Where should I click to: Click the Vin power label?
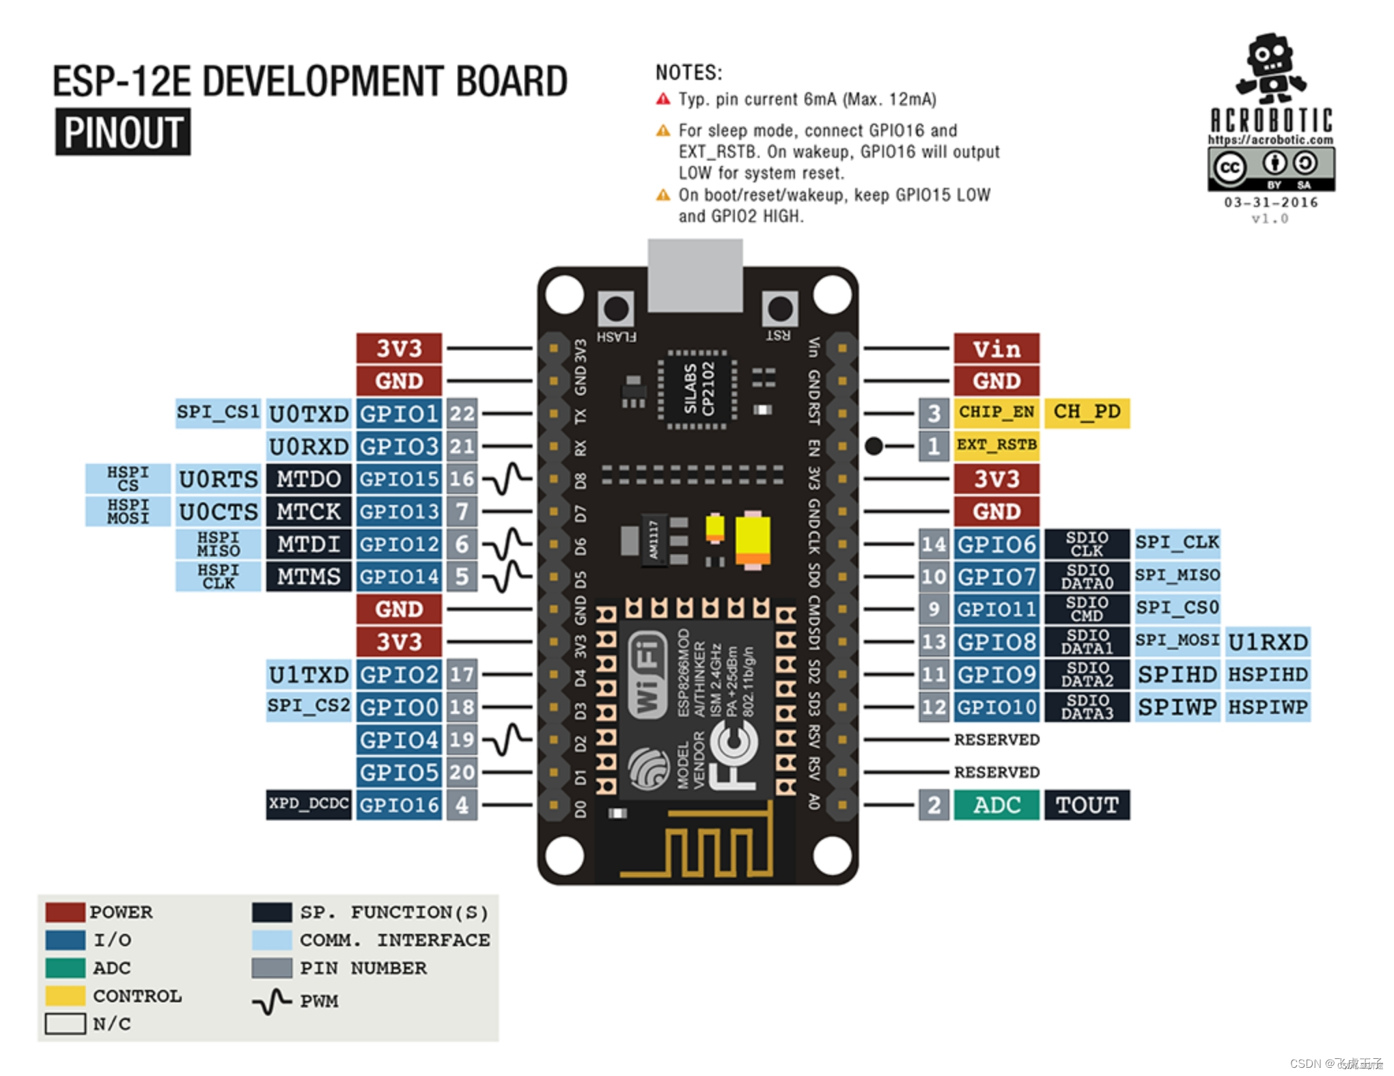[x=996, y=348]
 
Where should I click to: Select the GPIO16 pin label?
[x=399, y=805]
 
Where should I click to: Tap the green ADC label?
[x=996, y=805]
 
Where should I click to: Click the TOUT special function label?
[x=1087, y=805]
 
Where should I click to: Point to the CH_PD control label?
[x=1087, y=412]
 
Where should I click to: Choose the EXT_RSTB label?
[x=996, y=445]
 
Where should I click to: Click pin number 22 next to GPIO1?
[x=462, y=413]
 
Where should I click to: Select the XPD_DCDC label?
[x=309, y=804]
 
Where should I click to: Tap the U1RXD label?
[x=1268, y=642]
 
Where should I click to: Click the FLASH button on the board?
[x=616, y=309]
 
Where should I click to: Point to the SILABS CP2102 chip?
[x=697, y=389]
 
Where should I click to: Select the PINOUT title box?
[x=123, y=132]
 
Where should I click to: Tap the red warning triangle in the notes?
[x=663, y=100]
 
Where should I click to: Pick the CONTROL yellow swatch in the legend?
[x=65, y=995]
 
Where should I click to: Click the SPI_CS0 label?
[x=1177, y=608]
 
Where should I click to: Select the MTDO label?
[x=309, y=479]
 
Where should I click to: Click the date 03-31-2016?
[x=1270, y=202]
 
